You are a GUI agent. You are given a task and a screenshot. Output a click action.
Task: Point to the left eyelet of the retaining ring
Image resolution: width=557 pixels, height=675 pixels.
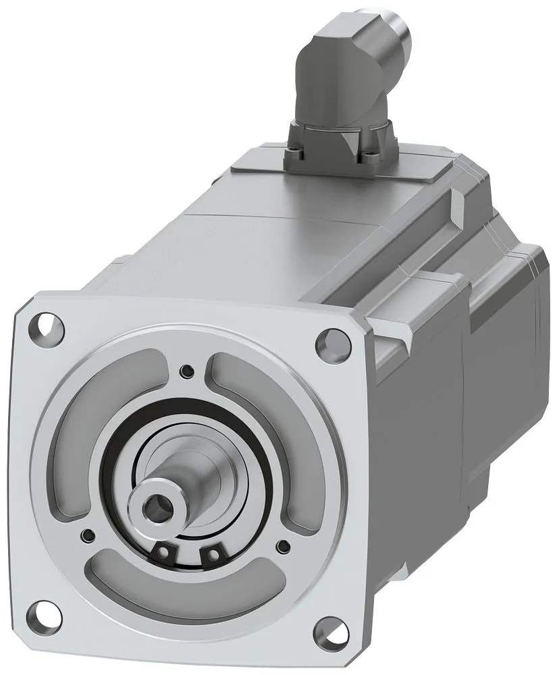pyautogui.click(x=163, y=551)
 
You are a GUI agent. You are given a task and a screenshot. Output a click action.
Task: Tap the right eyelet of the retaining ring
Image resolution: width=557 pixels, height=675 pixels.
pyautogui.click(x=214, y=554)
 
